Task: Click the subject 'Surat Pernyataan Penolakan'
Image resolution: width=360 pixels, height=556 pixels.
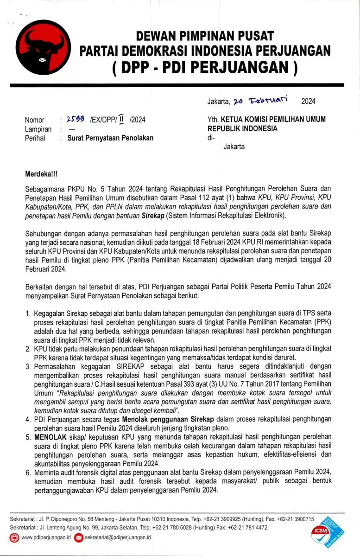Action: coord(110,138)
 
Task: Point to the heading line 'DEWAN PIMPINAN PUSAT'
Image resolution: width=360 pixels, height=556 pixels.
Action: coord(204,35)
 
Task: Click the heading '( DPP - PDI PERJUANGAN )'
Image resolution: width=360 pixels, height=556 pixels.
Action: coord(204,67)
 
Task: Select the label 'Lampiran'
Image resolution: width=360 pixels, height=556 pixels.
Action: coord(38,129)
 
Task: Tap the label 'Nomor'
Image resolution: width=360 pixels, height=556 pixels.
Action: coord(35,120)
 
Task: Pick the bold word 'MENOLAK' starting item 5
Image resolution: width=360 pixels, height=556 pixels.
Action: coord(48,436)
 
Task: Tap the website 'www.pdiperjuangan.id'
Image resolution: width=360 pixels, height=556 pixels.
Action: coord(46,537)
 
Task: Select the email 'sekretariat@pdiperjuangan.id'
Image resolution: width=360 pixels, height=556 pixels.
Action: coord(119,537)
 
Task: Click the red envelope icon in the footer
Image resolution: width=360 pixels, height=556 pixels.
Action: coord(79,537)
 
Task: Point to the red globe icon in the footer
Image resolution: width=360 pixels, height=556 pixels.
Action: coord(14,537)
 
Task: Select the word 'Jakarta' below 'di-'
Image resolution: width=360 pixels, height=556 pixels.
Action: coord(234,147)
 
